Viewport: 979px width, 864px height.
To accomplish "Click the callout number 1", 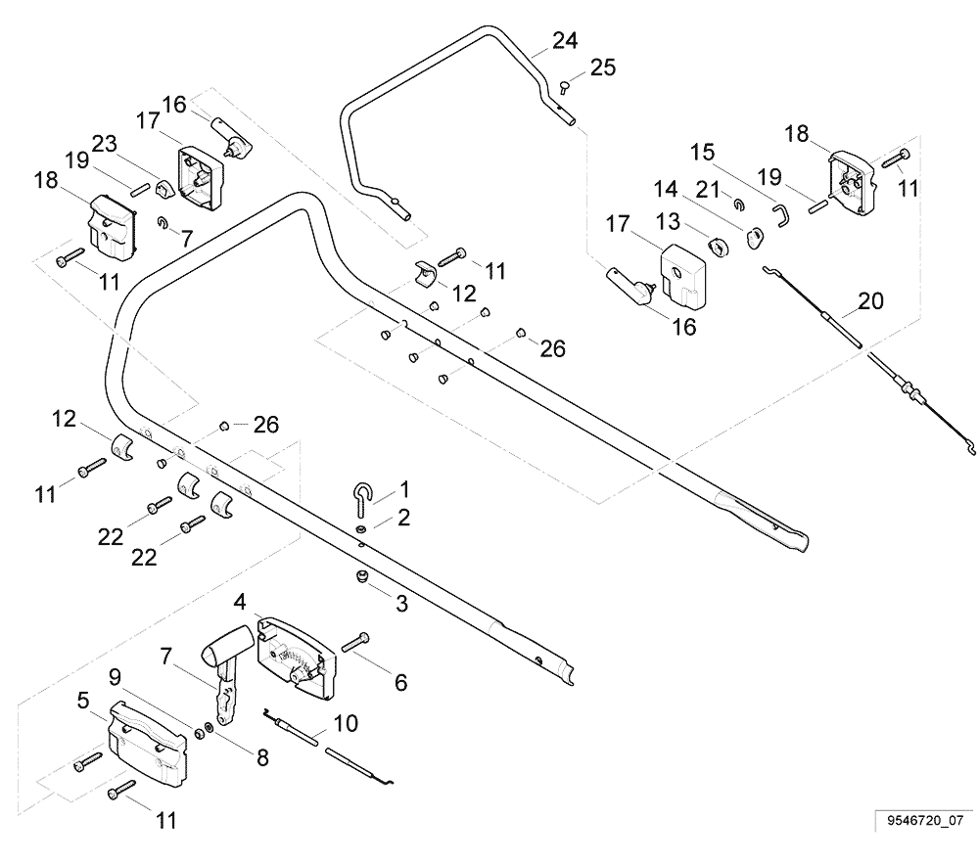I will click(x=404, y=487).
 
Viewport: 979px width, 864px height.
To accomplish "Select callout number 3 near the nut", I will click(x=401, y=605).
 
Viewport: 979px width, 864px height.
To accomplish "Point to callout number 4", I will click(x=239, y=601).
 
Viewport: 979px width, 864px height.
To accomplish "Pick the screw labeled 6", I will click(x=356, y=641).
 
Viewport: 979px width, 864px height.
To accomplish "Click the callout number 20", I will click(x=869, y=301).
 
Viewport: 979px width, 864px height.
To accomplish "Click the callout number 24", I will click(x=564, y=41).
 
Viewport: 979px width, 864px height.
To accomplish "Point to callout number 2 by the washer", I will click(x=403, y=516).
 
